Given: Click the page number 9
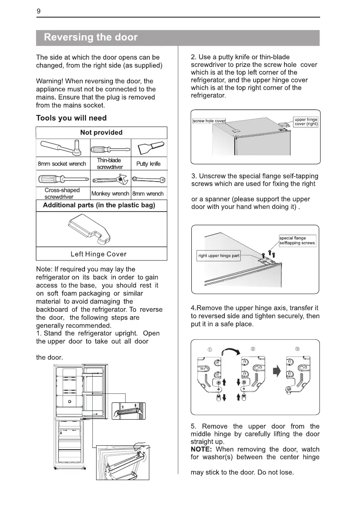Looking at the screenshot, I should click(x=39, y=12).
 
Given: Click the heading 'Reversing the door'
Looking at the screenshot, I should click(x=91, y=37).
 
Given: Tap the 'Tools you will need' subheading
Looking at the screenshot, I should click(x=71, y=118).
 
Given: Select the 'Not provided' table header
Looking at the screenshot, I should click(x=101, y=133).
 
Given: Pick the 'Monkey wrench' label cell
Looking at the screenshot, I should click(x=110, y=194).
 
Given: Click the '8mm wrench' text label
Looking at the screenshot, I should click(x=148, y=194).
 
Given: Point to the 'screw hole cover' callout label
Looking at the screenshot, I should click(x=209, y=121).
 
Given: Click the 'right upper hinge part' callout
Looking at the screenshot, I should click(x=219, y=256).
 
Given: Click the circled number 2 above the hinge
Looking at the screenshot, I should click(x=253, y=348).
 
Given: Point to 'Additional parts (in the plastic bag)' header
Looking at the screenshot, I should click(x=99, y=205).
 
